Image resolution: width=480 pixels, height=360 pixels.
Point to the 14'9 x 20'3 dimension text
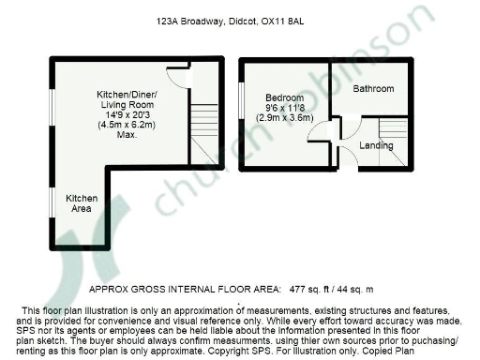pos(128,115)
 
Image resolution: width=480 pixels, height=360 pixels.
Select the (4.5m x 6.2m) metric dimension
pos(128,126)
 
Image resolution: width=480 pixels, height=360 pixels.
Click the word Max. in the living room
pos(128,136)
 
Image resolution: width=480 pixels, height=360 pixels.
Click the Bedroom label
pos(283,97)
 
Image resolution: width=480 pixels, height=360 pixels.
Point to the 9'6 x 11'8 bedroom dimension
pos(283,107)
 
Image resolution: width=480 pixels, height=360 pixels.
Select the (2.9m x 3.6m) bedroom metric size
pos(283,117)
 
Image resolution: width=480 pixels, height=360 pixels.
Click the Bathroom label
pos(373,89)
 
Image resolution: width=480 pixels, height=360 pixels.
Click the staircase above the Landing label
pos(391,129)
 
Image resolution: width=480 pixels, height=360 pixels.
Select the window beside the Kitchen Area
pos(51,203)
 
